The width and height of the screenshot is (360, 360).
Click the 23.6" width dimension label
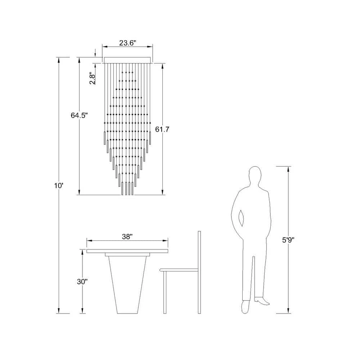(x=128, y=43)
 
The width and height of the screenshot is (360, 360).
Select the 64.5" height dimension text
(x=80, y=115)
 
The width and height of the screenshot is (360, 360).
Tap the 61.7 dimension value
(x=162, y=129)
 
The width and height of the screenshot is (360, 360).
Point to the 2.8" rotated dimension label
(x=92, y=78)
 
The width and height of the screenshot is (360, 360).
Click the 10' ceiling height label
(x=59, y=186)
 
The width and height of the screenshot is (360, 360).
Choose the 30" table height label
(x=82, y=282)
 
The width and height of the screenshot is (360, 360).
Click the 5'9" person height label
(x=288, y=240)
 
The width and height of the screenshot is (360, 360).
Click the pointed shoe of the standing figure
(x=261, y=301)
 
